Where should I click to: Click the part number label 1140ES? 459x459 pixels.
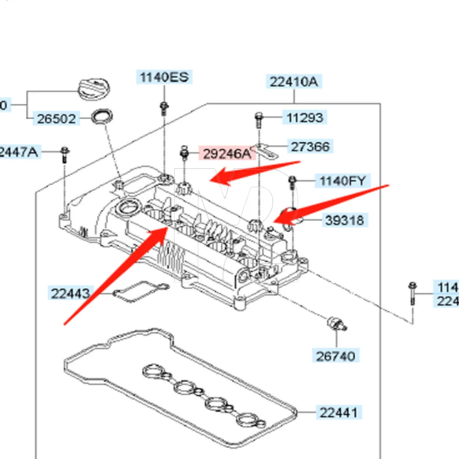(x=164, y=77)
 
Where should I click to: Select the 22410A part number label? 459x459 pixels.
(x=293, y=82)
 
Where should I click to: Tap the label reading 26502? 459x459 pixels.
(x=56, y=119)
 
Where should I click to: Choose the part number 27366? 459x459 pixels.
(x=310, y=147)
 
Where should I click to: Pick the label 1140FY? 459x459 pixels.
(x=342, y=181)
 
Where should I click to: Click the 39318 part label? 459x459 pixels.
(x=344, y=221)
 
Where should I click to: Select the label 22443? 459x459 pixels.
(x=70, y=293)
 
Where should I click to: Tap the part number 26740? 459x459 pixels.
(x=335, y=355)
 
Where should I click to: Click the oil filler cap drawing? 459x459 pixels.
(x=94, y=87)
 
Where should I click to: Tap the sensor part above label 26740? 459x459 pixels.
(x=337, y=323)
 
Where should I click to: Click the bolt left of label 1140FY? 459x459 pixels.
(x=291, y=183)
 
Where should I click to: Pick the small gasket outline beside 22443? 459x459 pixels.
(x=140, y=292)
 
